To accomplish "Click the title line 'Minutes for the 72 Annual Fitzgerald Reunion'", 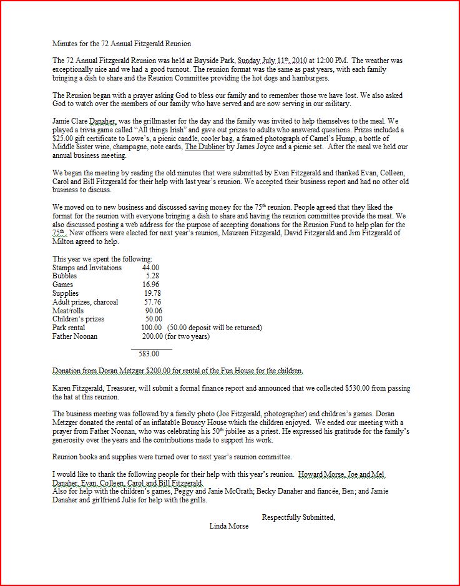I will tap(122, 44).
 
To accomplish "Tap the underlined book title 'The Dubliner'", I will tap(208, 147).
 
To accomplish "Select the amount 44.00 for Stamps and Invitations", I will tap(150, 267).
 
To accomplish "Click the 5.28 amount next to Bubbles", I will tap(152, 276).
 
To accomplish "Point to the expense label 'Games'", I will tap(62, 285).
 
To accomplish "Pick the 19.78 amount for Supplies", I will tap(152, 293).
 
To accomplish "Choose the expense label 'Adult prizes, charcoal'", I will tap(85, 302).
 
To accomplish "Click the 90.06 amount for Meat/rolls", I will tap(153, 311).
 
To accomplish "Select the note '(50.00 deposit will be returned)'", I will tap(214, 328).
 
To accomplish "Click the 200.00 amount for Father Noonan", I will tap(150, 336).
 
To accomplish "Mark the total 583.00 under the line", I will tap(149, 354).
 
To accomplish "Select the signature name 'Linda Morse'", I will tap(229, 526).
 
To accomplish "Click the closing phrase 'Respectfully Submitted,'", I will tap(298, 517).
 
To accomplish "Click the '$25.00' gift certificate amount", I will tap(63, 139).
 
